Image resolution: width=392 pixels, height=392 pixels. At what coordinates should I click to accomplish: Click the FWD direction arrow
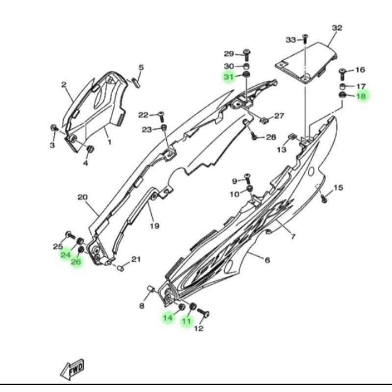pos(72,369)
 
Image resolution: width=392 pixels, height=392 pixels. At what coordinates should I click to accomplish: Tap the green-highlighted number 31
pos(229,77)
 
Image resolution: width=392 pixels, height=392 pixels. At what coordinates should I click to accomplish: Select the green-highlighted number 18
pos(361,96)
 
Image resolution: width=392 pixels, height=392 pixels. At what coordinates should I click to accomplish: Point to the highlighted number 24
pos(66,255)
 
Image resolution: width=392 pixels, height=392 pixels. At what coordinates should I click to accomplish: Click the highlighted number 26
pos(76,262)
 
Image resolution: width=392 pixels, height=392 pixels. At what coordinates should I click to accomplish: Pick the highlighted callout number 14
pos(168,318)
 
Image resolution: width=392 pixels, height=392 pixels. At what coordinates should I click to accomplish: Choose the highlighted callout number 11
pos(187,321)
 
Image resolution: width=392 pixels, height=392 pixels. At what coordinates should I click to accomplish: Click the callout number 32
pos(337,28)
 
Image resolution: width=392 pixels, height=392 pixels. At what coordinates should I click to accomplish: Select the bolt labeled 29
pos(247,55)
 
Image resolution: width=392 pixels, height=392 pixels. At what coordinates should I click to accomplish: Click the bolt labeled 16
pos(343,74)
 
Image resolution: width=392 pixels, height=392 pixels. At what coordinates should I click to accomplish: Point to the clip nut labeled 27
pos(263,121)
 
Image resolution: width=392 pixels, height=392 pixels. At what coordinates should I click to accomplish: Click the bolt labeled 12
pos(203,313)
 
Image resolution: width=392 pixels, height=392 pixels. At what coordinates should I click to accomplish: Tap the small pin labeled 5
pos(136,82)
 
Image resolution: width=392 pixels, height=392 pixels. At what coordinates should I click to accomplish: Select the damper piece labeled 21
pos(121,268)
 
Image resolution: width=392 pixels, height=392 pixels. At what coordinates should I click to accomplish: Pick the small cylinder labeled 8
pos(152,289)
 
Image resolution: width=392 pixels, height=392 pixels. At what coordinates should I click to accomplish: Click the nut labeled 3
pos(54,128)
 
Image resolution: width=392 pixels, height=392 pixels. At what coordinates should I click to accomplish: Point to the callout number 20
pos(82,197)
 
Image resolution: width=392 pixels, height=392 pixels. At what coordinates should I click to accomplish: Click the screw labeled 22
pos(161,117)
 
